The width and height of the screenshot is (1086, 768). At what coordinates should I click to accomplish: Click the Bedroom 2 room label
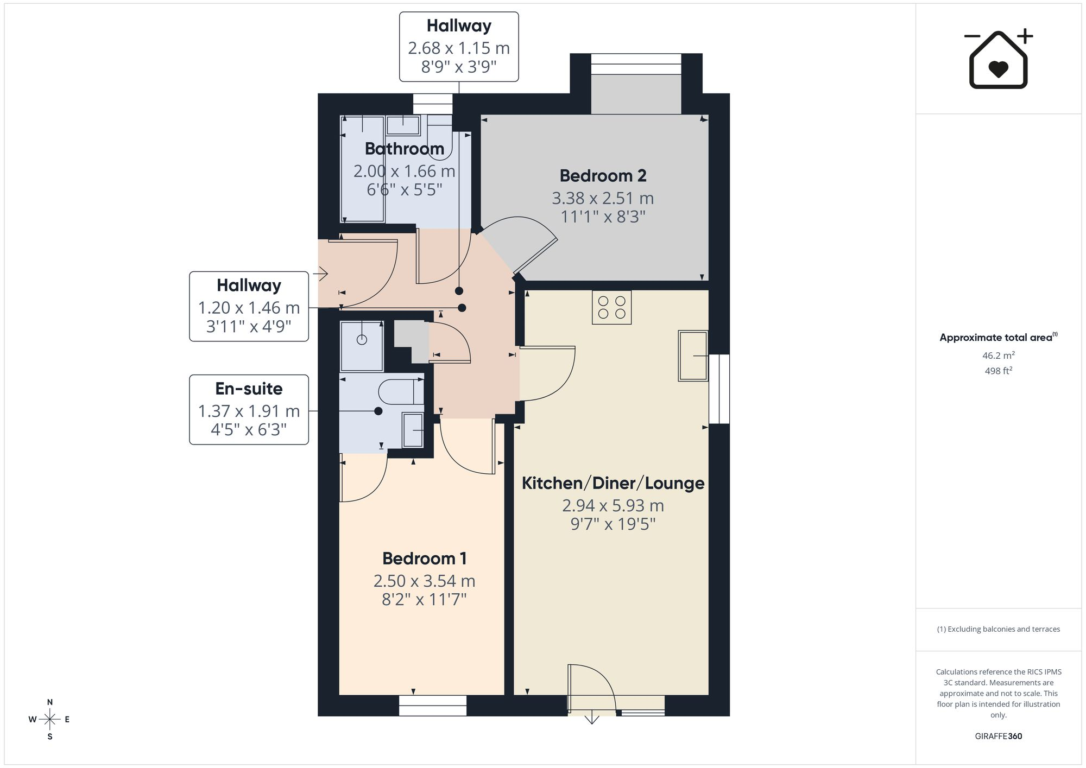tap(603, 176)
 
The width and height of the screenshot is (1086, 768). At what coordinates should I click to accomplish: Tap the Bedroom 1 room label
tap(424, 558)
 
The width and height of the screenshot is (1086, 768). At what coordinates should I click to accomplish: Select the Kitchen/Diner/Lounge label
tap(613, 483)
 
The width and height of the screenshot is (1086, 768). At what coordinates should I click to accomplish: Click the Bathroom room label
tap(405, 148)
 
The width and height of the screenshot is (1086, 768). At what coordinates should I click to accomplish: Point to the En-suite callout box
tap(249, 409)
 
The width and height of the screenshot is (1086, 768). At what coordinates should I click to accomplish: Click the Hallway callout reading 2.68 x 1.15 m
tap(459, 47)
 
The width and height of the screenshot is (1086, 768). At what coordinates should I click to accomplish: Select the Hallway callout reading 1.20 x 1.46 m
tap(249, 306)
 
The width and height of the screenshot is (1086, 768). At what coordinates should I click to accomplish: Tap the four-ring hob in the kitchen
tap(611, 308)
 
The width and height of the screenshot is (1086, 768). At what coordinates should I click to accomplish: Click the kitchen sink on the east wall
tap(693, 356)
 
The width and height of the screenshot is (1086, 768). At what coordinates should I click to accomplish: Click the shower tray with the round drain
tap(362, 346)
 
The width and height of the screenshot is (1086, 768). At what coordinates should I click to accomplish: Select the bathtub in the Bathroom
tap(362, 169)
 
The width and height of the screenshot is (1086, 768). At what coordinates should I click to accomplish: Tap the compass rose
tap(49, 720)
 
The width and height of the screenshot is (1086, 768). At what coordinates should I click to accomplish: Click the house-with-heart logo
tap(998, 59)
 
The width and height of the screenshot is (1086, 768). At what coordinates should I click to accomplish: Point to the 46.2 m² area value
tap(998, 356)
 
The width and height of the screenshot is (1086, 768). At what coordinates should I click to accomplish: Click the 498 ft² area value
tap(998, 371)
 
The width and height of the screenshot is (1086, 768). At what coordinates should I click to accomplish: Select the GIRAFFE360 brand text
tap(998, 736)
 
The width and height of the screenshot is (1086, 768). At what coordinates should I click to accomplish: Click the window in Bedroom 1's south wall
tap(433, 706)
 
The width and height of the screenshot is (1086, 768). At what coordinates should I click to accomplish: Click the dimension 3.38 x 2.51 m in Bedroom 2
tap(603, 198)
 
